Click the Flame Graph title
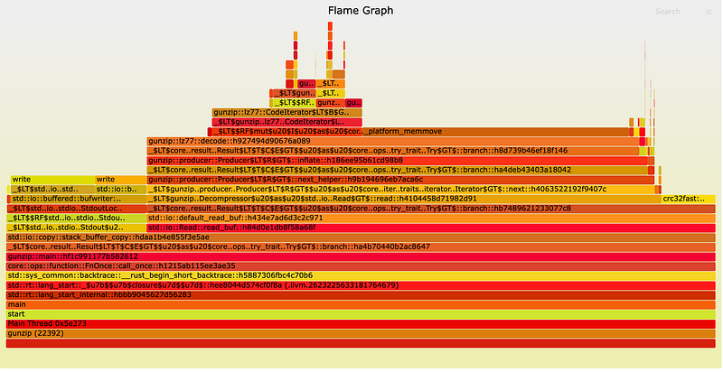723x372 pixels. click(361, 11)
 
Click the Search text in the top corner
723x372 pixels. click(667, 12)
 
